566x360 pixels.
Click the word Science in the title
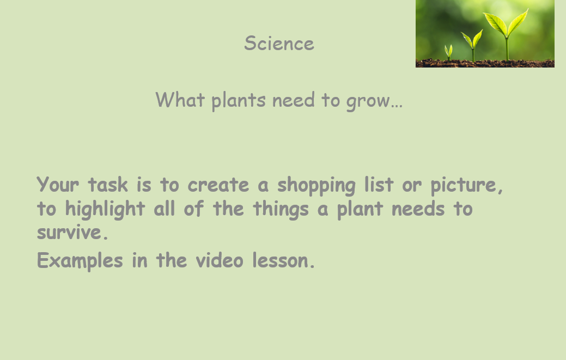pos(279,43)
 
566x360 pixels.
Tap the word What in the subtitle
pos(180,100)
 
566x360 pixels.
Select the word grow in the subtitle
pos(368,101)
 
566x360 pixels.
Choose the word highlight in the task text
pos(105,210)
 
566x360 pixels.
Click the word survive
pos(72,232)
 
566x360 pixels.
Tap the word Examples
pos(80,261)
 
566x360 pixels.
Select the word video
pos(220,260)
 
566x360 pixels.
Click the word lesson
pos(284,260)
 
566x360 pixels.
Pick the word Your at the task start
pos(58,184)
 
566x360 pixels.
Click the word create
pos(218,185)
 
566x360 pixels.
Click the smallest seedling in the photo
pos(448,52)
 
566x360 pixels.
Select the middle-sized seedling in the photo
pos(472,45)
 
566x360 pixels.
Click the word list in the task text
pos(379,184)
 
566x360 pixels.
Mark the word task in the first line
pos(107,184)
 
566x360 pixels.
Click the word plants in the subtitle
pos(239,101)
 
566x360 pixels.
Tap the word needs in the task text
pos(418,209)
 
